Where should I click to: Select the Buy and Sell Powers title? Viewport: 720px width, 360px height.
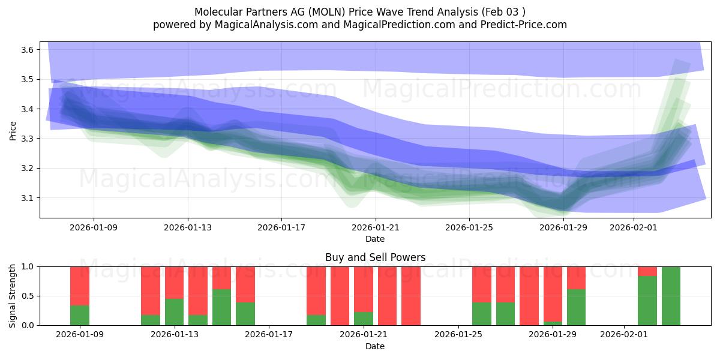375,257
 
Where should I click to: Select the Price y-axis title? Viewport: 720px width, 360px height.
13,130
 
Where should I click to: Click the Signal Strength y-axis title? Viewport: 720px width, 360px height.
13,296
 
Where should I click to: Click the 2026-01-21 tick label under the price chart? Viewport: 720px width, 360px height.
375,227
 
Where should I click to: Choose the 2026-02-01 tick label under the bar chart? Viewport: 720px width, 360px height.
625,335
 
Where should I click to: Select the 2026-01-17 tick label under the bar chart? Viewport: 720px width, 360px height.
269,335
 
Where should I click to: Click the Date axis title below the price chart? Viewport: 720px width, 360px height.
375,239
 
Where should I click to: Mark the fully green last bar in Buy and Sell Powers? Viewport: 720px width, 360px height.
671,296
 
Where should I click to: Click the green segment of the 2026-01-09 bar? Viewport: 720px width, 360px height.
80,316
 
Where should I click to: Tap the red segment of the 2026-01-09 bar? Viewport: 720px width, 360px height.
80,286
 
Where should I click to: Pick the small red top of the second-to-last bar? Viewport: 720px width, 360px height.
647,271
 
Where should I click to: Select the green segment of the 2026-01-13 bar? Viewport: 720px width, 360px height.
174,312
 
